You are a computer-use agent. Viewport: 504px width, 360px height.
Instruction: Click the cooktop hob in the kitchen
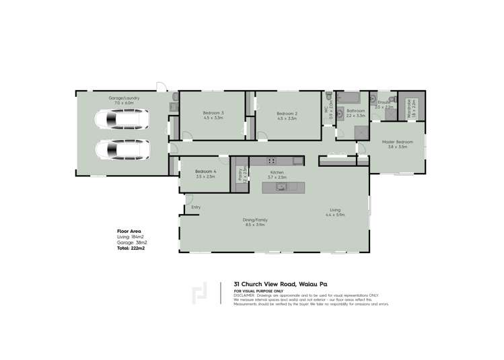272,160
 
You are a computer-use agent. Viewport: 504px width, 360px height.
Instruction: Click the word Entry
196,207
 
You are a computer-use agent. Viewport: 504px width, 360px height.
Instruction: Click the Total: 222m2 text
131,248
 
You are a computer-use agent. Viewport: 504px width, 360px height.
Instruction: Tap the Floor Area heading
127,231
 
